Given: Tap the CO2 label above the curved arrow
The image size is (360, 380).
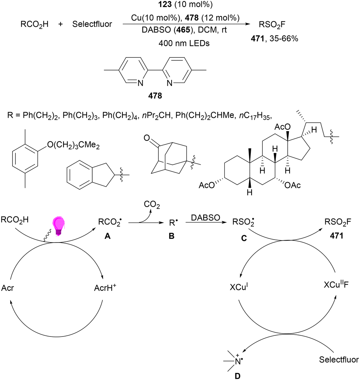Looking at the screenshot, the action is (x=152, y=205).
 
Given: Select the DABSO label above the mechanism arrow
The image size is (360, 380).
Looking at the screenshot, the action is (x=205, y=217).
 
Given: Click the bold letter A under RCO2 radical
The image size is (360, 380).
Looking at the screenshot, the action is (x=107, y=236).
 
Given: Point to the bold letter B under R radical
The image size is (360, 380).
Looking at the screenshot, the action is (x=172, y=236).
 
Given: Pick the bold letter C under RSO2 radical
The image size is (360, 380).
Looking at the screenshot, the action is (x=244, y=238).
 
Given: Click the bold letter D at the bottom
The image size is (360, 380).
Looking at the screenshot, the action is (x=238, y=376).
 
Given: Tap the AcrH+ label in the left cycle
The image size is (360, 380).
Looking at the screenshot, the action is (x=105, y=287).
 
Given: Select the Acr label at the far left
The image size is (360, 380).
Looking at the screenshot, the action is (x=7, y=288).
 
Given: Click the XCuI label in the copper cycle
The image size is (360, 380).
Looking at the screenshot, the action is (x=239, y=287).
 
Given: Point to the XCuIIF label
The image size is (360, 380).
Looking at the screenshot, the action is (x=336, y=284).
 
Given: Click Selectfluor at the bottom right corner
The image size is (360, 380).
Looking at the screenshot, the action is (x=339, y=360).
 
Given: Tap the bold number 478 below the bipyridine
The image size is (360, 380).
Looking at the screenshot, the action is (x=155, y=96).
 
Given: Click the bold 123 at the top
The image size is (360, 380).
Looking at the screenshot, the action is (x=165, y=4).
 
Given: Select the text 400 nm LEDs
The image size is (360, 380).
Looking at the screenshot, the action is (x=184, y=43).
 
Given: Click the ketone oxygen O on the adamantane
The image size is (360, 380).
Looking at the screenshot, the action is (x=147, y=138).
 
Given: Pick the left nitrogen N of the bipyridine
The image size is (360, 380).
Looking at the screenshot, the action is (x=140, y=83).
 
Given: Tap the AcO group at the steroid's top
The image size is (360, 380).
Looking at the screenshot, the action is (x=283, y=127).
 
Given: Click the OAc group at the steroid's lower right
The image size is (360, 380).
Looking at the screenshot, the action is (x=292, y=185).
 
